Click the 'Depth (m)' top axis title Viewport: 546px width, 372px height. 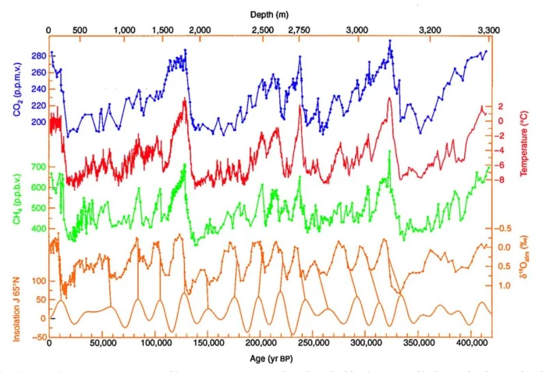[272, 14]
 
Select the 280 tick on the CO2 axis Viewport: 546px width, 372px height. [37, 56]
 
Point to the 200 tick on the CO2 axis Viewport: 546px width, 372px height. [37, 122]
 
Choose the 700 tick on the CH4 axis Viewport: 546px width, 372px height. [37, 167]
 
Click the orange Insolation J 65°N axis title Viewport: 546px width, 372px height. [16, 300]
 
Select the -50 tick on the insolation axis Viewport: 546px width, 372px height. [37, 337]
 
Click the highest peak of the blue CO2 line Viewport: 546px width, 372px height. [389, 41]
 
